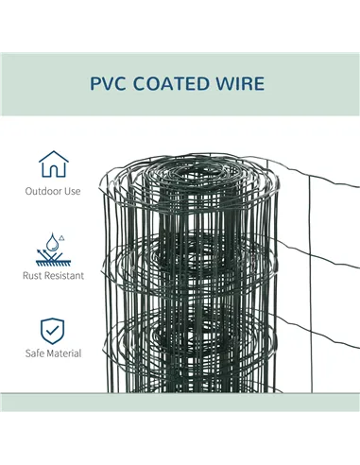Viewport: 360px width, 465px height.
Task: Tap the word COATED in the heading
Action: [178, 84]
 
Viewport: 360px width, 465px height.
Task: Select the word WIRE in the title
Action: [242, 84]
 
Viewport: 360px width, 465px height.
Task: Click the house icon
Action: [53, 164]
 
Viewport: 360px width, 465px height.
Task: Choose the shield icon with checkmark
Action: [53, 330]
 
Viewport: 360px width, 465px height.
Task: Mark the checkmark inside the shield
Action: [53, 330]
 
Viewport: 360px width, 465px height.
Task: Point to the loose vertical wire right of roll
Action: [309, 284]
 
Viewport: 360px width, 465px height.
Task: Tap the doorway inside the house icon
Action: [53, 171]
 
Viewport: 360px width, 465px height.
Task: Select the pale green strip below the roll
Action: [180, 403]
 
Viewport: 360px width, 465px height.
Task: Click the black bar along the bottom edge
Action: [180, 439]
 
